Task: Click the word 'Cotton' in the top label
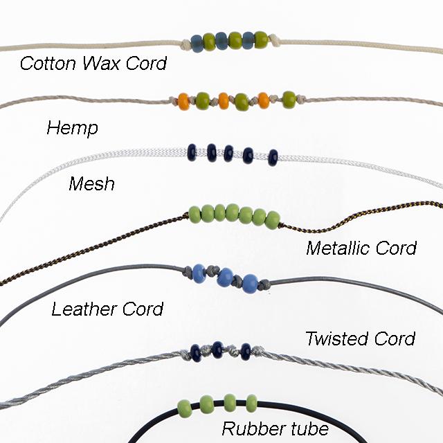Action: coord(44,64)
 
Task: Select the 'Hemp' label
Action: coord(72,129)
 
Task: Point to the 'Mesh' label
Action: coord(91,184)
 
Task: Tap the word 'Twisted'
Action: coord(336,338)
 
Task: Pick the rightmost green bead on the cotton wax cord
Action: coord(261,39)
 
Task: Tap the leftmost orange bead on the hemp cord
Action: coord(183,101)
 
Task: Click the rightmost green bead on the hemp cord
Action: coord(289,100)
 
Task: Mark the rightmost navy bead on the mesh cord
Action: coord(273,157)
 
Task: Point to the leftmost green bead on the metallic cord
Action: coord(196,213)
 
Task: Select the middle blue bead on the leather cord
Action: coord(224,278)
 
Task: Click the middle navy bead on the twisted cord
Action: coord(217,350)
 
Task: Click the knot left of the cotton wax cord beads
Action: coord(186,44)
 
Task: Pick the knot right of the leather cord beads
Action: coord(263,284)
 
